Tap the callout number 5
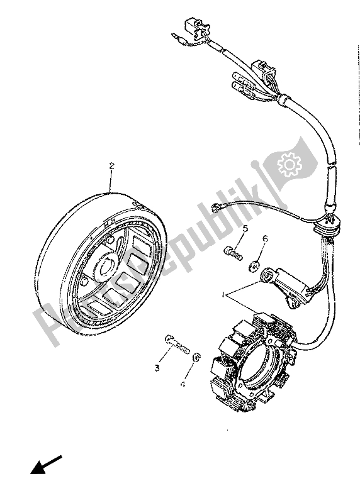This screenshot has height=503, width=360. [245, 228]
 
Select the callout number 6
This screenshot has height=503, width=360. [265, 239]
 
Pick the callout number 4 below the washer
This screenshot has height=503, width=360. [183, 383]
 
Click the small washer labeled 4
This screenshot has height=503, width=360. [196, 357]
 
